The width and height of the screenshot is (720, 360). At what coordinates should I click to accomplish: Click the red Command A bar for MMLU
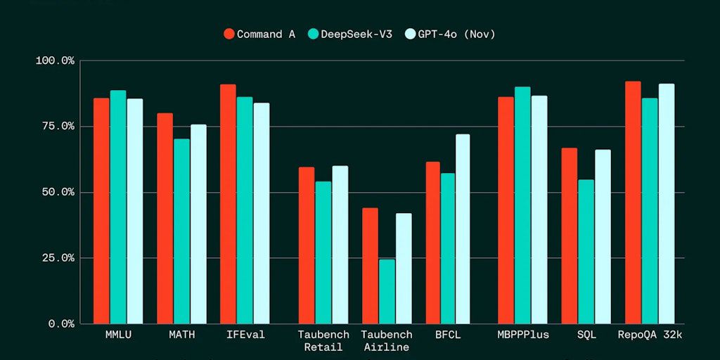point(101,211)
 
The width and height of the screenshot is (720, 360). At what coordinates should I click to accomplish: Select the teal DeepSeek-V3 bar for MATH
point(181,231)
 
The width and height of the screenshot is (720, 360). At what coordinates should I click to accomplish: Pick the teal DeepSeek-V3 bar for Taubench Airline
point(387,291)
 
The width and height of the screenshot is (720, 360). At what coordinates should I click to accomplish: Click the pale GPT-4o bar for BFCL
point(462,229)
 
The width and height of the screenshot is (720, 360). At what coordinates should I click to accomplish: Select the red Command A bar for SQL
point(569,236)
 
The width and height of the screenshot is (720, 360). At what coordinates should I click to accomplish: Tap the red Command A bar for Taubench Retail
point(306,245)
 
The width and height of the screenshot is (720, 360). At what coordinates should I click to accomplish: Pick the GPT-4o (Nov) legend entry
point(451,34)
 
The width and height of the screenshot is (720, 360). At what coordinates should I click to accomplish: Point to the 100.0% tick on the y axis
point(55,60)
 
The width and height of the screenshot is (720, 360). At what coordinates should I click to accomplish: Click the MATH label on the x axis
point(181,335)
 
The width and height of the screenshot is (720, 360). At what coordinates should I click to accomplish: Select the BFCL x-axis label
point(448,335)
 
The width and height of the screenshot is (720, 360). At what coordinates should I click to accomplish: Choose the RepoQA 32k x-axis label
point(650,335)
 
